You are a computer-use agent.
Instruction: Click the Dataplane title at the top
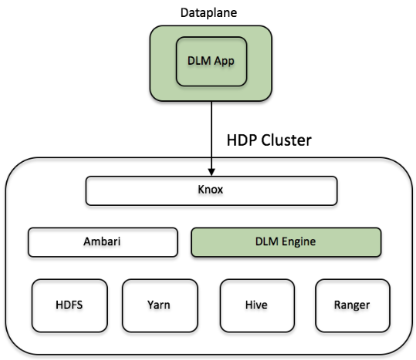(x=208, y=12)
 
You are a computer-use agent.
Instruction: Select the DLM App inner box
(x=211, y=62)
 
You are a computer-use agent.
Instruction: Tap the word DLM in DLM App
(x=199, y=61)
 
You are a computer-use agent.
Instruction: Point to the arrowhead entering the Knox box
(x=211, y=172)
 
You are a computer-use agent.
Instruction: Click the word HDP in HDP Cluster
(x=242, y=140)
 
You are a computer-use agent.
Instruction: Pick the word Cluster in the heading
(x=286, y=140)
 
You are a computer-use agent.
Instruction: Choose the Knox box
(x=211, y=190)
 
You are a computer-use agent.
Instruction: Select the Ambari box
(x=103, y=242)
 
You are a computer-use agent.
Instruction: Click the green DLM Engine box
(x=286, y=242)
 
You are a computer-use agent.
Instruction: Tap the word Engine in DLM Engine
(x=299, y=242)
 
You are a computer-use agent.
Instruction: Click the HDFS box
(x=69, y=306)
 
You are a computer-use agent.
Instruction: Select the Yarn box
(x=160, y=306)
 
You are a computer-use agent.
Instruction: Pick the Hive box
(x=257, y=306)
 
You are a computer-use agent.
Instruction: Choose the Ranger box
(x=353, y=306)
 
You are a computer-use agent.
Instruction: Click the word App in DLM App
(x=224, y=62)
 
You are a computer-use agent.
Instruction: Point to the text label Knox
(x=211, y=190)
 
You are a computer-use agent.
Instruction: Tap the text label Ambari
(x=102, y=241)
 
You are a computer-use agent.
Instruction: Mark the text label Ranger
(x=352, y=305)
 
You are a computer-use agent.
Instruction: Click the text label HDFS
(x=69, y=305)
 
